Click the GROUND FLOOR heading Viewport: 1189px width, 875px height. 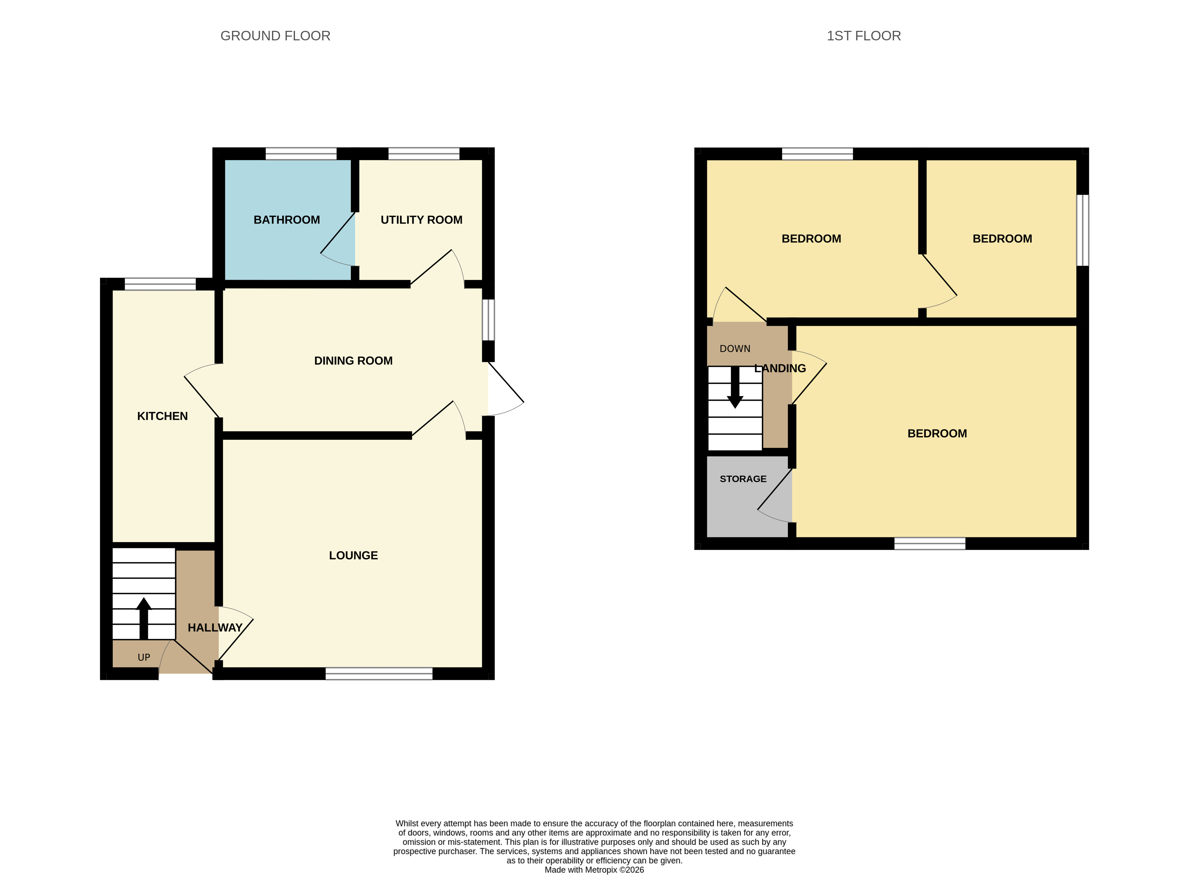pos(275,36)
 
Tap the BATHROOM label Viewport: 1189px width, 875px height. pos(286,220)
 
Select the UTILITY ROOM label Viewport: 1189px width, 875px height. pos(421,220)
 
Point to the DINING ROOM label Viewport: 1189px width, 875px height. pos(353,361)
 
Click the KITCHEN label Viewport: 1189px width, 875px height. pos(162,416)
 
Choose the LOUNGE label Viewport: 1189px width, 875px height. pos(353,556)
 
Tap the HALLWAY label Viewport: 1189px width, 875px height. pos(215,628)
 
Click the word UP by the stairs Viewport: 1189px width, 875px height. pos(143,657)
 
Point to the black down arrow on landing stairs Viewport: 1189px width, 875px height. pos(735,387)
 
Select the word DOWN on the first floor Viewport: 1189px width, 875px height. pos(735,349)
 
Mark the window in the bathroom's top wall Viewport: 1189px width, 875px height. pos(301,154)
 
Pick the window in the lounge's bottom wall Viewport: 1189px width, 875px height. pos(379,674)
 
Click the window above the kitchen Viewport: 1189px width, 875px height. pos(160,284)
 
